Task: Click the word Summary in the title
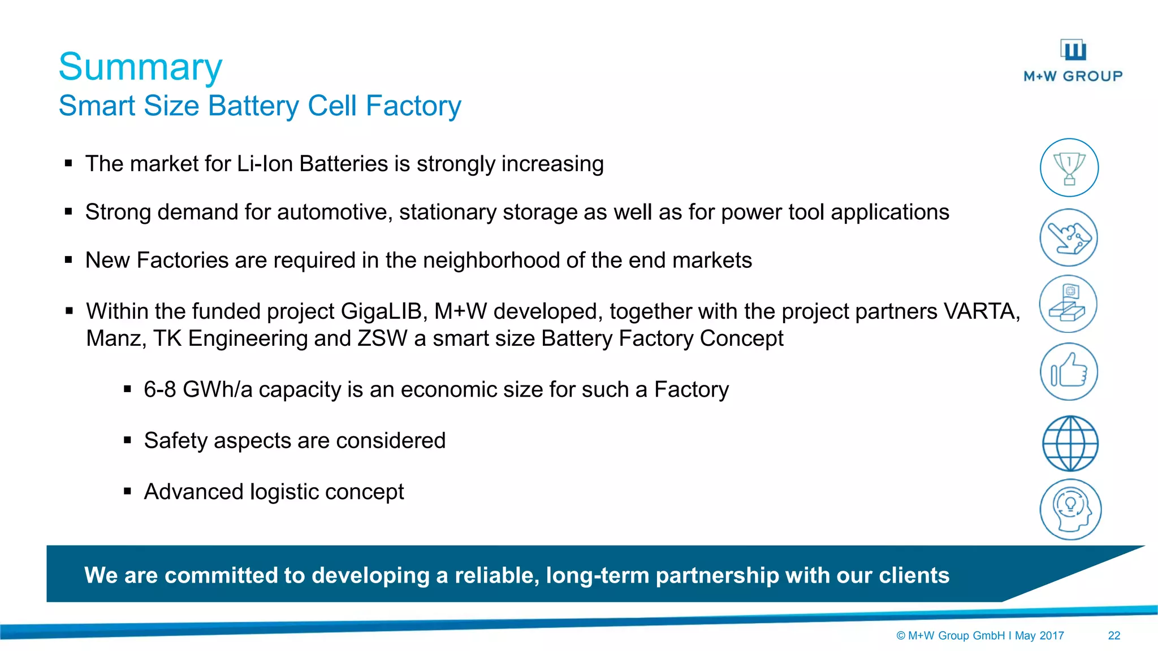pyautogui.click(x=140, y=67)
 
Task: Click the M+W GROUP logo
pyautogui.click(x=1073, y=61)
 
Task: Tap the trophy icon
pyautogui.click(x=1069, y=168)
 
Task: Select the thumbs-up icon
pyautogui.click(x=1069, y=371)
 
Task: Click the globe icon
pyautogui.click(x=1070, y=444)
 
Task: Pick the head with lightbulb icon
pyautogui.click(x=1070, y=510)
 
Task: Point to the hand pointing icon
pyautogui.click(x=1068, y=238)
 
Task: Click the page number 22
pyautogui.click(x=1114, y=636)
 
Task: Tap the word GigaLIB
pyautogui.click(x=381, y=311)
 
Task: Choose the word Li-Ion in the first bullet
pyautogui.click(x=265, y=164)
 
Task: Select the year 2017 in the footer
pyautogui.click(x=1052, y=636)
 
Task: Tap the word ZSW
pyautogui.click(x=382, y=338)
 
